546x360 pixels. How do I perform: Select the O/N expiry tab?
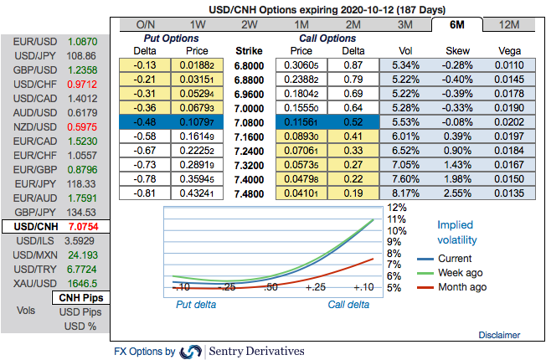point(145,24)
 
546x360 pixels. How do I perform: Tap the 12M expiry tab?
point(508,24)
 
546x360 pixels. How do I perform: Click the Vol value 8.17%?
point(405,193)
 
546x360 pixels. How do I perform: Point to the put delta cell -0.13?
point(146,65)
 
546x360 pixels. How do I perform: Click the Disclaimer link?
point(499,335)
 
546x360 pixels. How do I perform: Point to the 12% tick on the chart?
point(397,207)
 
